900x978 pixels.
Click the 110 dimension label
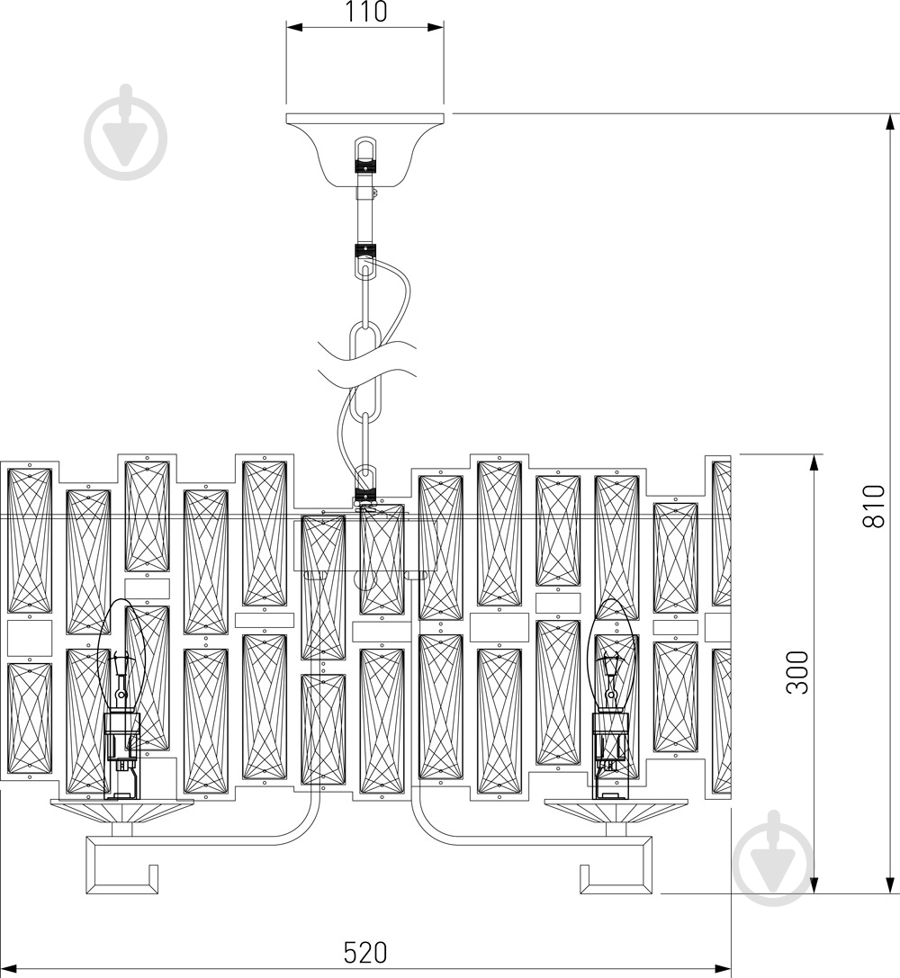coord(366,12)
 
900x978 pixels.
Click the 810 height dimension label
coord(873,506)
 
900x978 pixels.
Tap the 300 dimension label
coord(797,672)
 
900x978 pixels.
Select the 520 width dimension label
coord(365,953)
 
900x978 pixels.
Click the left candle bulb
coord(121,654)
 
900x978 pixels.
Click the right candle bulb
coord(611,654)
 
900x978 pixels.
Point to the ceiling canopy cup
coord(365,149)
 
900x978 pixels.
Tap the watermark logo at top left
coord(126,135)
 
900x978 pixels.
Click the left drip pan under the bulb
coord(121,811)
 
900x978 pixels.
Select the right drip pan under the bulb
coord(616,811)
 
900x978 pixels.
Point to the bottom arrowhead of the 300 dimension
coord(814,885)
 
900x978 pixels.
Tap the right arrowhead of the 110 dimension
coord(436,27)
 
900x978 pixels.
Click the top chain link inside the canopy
coord(365,155)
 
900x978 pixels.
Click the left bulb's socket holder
coord(121,755)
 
